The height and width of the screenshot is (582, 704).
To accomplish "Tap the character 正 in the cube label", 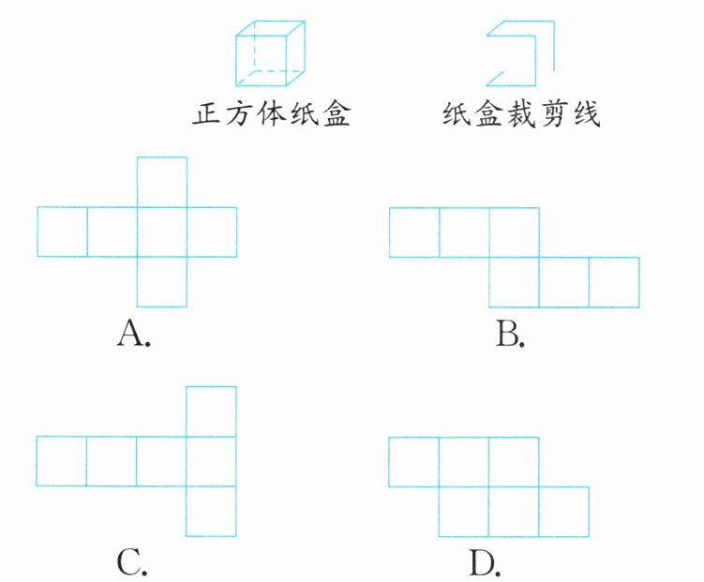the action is tap(206, 115).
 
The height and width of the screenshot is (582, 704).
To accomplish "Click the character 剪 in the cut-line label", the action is tap(553, 115).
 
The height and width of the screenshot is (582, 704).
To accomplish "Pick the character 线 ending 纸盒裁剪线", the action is tap(586, 115).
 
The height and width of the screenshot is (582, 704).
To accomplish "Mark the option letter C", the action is tap(132, 562).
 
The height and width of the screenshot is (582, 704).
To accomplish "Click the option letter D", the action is tap(484, 562).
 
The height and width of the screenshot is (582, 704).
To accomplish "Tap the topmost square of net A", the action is tap(162, 182).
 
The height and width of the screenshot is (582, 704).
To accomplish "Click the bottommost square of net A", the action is tap(162, 281).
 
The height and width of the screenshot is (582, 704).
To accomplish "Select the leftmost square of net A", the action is tap(62, 231).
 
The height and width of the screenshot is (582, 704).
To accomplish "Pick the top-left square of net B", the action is tap(414, 232).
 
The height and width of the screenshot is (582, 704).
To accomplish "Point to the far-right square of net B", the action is tap(614, 282).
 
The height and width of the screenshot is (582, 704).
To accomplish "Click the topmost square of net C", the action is tap(212, 410).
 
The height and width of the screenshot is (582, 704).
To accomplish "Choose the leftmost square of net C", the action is tap(62, 461).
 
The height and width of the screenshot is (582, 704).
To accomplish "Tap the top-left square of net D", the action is tap(414, 461).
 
